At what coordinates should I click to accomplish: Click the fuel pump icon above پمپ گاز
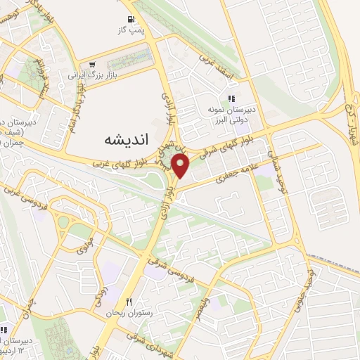coord(131,20)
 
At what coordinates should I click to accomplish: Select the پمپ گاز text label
coord(131,31)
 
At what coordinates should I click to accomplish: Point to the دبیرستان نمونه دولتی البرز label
coord(231,115)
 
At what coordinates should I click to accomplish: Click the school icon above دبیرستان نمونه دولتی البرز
coord(231,99)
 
